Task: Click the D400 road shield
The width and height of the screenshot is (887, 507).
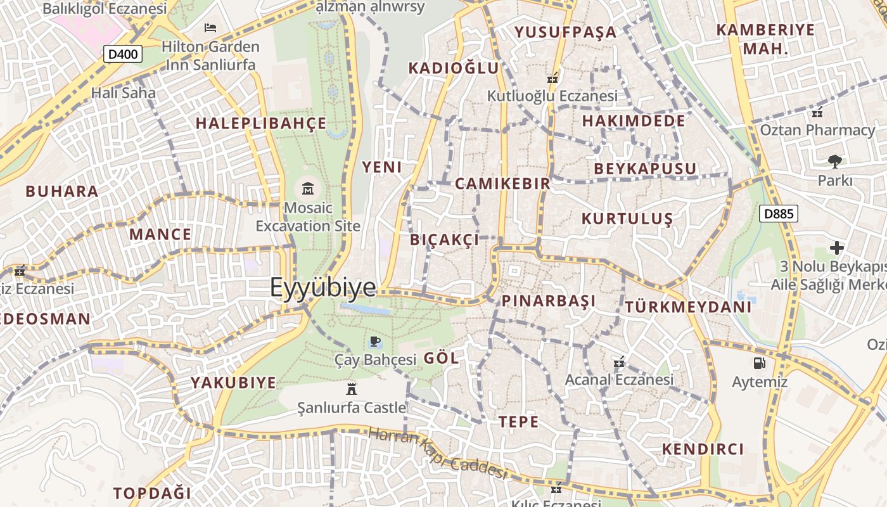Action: [x=123, y=55]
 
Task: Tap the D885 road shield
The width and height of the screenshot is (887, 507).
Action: [x=779, y=214]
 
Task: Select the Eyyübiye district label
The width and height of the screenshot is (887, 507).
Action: [x=323, y=288]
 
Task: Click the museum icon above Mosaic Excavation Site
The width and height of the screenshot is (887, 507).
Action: [x=308, y=188]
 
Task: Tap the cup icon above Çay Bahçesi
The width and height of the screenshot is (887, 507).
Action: [x=375, y=342]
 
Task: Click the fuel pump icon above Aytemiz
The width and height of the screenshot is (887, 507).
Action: [x=758, y=363]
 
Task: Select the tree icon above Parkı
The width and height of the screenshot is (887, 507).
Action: [x=835, y=162]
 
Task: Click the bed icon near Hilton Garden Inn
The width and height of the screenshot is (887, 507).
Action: [x=210, y=28]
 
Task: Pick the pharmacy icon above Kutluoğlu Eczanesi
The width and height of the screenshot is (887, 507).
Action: [x=552, y=79]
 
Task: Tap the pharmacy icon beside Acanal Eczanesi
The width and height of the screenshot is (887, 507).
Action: [x=619, y=363]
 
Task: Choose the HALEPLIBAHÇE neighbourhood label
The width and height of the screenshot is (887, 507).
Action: [x=261, y=124]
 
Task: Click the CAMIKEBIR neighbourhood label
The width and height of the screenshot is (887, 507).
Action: [x=502, y=184]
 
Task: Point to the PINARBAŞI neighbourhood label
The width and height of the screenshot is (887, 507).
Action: [x=549, y=301]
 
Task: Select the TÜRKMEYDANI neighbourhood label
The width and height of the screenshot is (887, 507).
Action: [x=688, y=307]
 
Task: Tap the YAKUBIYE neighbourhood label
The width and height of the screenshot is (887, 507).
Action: [x=234, y=383]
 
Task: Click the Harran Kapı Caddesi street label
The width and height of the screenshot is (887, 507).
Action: [x=438, y=453]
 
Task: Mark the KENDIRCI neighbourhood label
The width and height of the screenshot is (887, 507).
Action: [x=703, y=449]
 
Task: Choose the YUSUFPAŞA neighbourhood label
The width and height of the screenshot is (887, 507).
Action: [x=565, y=32]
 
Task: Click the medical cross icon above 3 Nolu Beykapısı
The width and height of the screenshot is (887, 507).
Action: [x=837, y=248]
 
